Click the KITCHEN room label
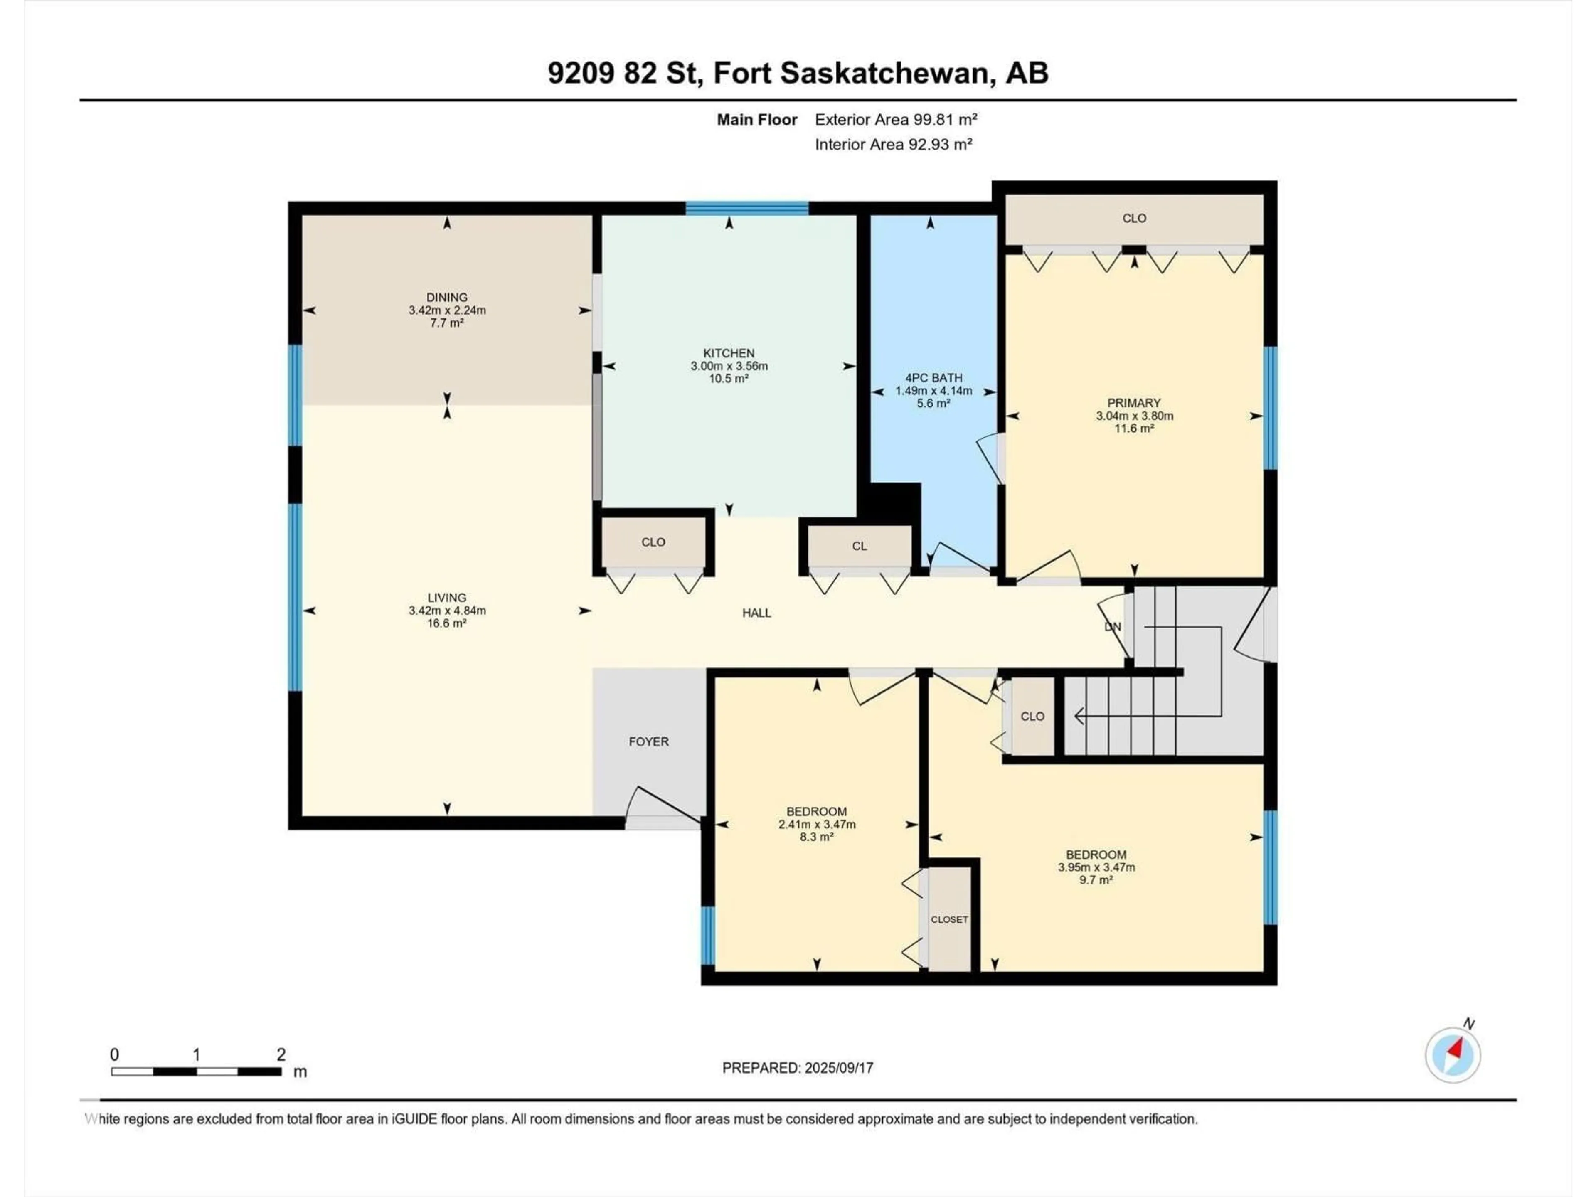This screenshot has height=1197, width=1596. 729,353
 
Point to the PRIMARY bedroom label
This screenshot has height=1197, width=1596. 1133,403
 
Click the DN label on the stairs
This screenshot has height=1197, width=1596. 1113,626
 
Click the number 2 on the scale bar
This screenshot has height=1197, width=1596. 281,1054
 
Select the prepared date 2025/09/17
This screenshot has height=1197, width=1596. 837,1068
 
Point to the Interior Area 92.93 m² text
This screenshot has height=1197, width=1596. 893,144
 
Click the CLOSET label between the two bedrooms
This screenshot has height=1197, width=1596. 949,919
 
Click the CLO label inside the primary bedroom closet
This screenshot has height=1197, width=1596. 1134,218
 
